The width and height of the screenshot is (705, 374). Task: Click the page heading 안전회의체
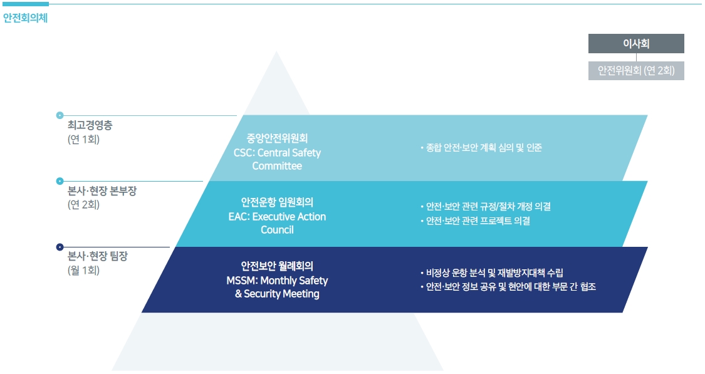pos(25,18)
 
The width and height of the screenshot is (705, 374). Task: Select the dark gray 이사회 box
pos(636,44)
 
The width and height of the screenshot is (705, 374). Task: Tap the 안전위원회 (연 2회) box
pos(636,71)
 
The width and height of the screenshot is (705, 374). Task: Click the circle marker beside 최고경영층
pos(60,115)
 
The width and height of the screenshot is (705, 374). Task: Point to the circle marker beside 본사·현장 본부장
pos(60,181)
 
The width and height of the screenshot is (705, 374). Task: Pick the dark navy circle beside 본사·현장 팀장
pos(60,247)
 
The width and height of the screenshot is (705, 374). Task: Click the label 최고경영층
pos(90,125)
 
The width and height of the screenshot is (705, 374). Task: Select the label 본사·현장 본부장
pos(102,191)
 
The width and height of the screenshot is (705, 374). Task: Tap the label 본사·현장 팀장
pos(98,256)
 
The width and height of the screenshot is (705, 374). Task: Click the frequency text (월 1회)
pos(83,270)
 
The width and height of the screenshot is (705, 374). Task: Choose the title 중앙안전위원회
pos(277,138)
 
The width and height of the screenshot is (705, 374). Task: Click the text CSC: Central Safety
pos(277,153)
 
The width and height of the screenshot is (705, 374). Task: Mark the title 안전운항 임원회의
pos(277,202)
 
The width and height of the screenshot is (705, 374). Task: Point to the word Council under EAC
pos(277,230)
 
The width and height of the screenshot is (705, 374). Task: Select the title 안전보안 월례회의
pos(277,266)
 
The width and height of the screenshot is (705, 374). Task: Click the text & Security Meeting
pos(277,294)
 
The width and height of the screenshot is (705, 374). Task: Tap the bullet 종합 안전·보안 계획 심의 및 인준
pos(481,147)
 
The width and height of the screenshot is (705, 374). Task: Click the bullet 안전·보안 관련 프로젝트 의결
pos(475,221)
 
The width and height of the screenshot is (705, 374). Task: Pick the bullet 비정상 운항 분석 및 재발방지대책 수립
pos(491,273)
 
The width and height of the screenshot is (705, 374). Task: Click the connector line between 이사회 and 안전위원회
pos(636,58)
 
